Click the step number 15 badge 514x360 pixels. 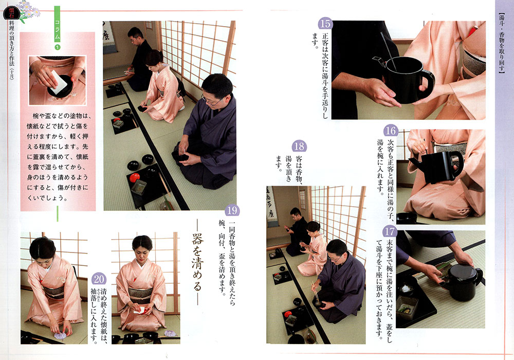tap(325, 24)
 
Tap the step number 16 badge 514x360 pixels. tap(390, 131)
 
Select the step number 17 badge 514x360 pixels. tap(390, 231)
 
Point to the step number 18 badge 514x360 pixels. tap(299, 146)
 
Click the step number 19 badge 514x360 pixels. tap(232, 210)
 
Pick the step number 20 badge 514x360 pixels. tap(99, 279)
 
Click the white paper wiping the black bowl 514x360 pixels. tap(59, 82)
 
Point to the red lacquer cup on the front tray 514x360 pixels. tap(134, 178)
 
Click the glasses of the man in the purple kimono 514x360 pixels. tap(210, 101)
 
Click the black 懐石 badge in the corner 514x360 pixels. tap(11, 12)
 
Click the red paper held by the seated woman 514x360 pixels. tap(140, 310)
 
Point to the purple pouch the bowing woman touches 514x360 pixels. tap(60, 334)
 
